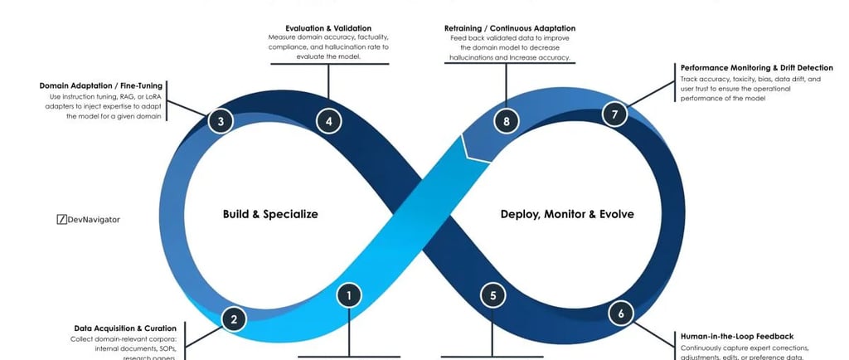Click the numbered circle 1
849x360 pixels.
(350, 294)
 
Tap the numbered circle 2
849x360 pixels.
(234, 319)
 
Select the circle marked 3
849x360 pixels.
(221, 121)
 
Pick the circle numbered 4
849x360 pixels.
(329, 121)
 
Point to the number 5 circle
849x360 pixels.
(493, 294)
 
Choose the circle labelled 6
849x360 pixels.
(621, 314)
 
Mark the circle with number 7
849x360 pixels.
(614, 114)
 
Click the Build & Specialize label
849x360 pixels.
(270, 214)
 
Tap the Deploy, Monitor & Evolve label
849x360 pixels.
(567, 214)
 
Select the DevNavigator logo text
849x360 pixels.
(94, 220)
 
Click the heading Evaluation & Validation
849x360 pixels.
(329, 28)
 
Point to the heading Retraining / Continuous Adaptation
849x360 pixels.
(510, 28)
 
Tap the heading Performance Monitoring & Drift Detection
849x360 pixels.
(756, 68)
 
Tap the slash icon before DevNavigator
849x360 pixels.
(61, 220)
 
